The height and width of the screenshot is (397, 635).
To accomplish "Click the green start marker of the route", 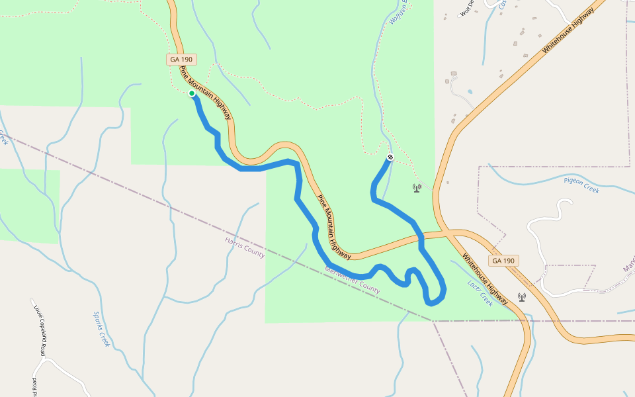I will (x=192, y=93).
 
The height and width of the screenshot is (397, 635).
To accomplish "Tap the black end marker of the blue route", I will (x=390, y=157).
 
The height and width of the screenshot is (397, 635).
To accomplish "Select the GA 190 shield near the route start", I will (x=181, y=60).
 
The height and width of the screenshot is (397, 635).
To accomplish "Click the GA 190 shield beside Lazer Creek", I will (x=503, y=261).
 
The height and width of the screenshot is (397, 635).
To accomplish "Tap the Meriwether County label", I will (x=353, y=280).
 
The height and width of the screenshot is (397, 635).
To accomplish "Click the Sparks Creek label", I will (x=101, y=330).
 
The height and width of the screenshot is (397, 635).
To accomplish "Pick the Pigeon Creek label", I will (x=581, y=185).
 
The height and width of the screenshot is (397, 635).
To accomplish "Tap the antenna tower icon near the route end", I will (x=417, y=188).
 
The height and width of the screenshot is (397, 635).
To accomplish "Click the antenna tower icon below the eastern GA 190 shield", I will (x=522, y=297).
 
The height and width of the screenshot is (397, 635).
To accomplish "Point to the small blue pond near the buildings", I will (x=470, y=91).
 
